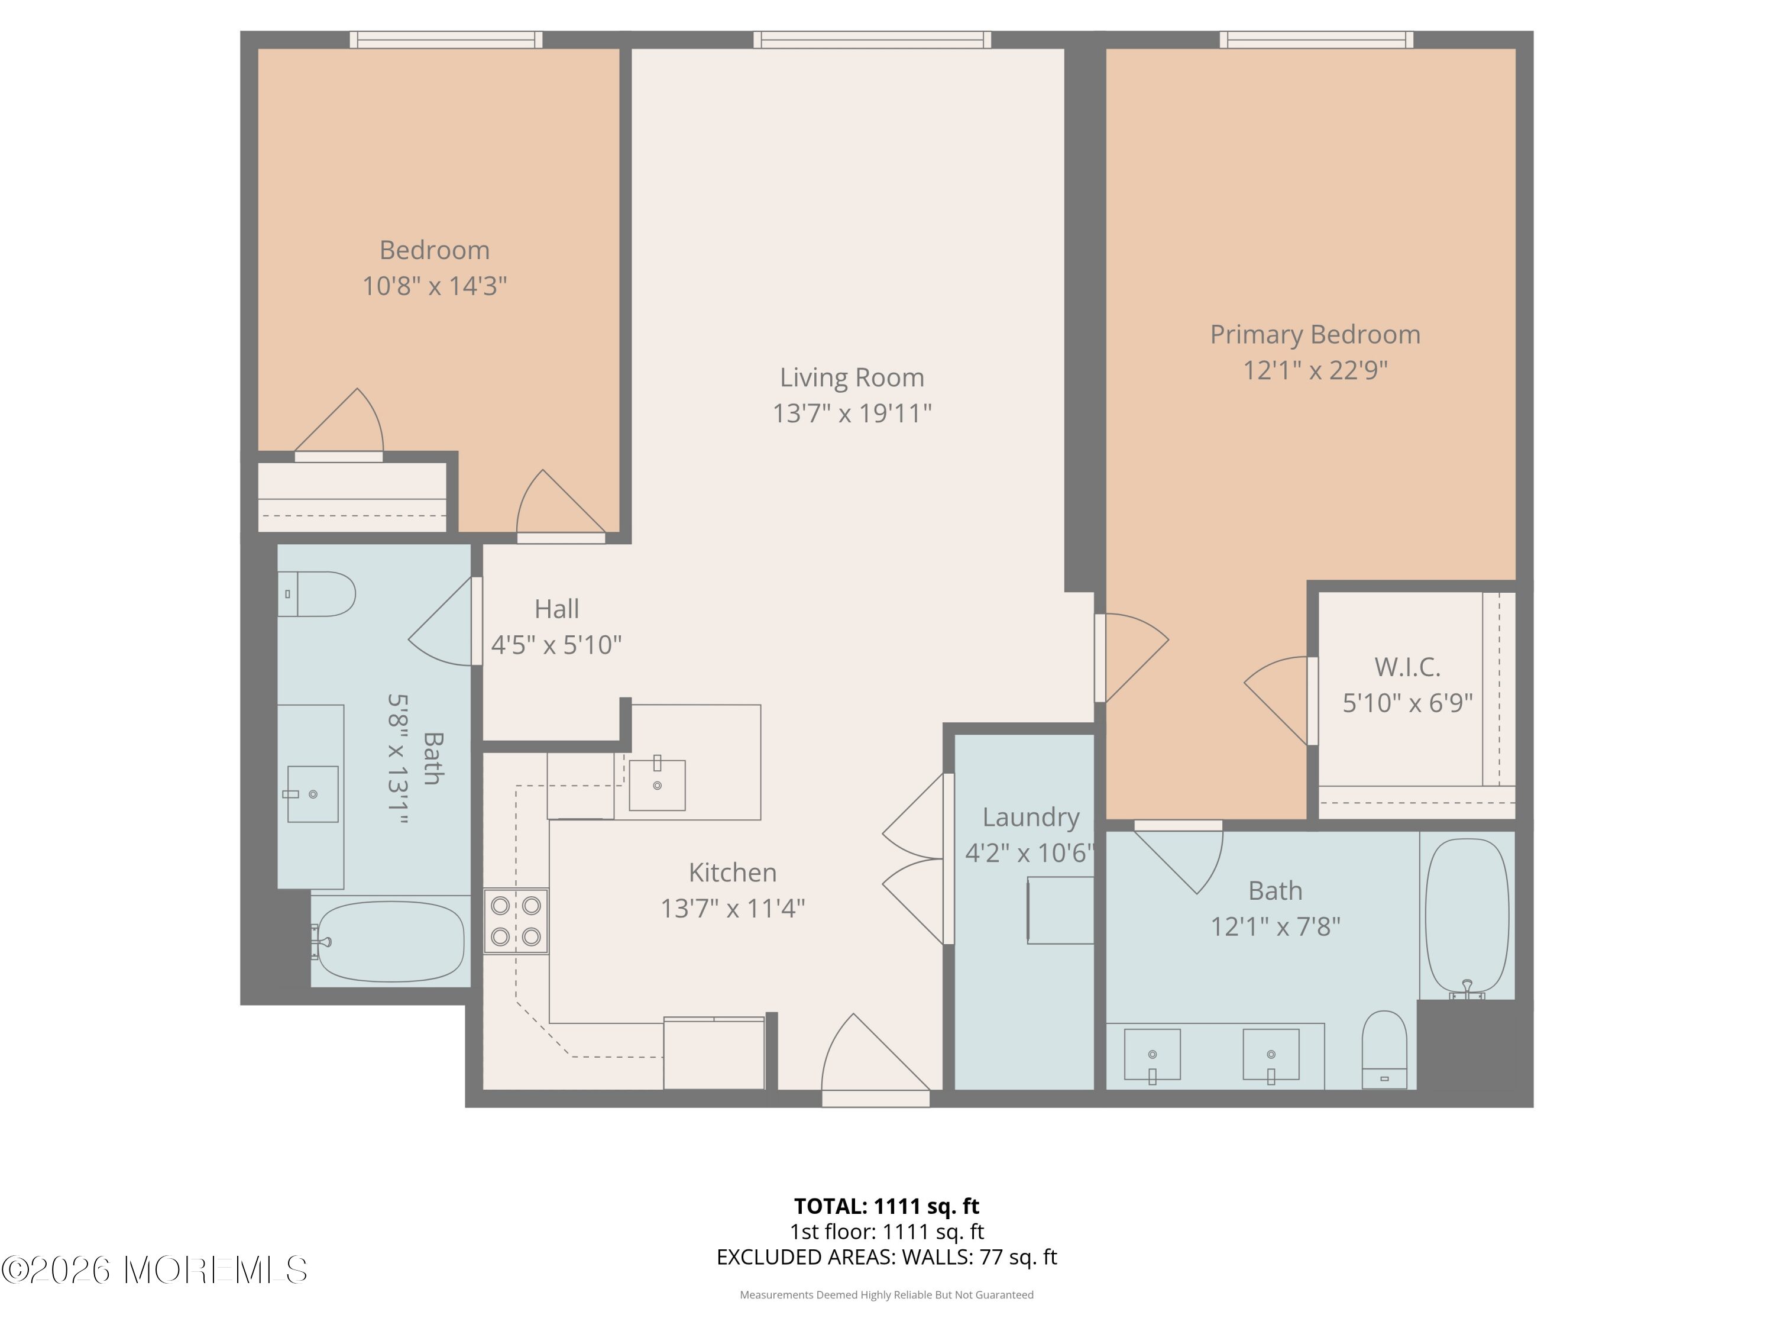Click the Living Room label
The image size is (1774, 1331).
(x=852, y=377)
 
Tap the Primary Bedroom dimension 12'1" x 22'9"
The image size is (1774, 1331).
(x=1315, y=370)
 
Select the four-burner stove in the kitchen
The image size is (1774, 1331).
(x=516, y=921)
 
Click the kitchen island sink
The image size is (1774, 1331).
(x=657, y=784)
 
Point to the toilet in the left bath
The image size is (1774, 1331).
(x=316, y=594)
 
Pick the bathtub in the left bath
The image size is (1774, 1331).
(x=390, y=941)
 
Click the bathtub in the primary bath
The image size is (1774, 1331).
(x=1467, y=917)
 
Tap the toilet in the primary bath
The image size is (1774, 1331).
(x=1384, y=1050)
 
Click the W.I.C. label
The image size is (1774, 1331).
(x=1407, y=667)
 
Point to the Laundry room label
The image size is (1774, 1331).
(x=1031, y=817)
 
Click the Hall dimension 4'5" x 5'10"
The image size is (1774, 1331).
(x=556, y=644)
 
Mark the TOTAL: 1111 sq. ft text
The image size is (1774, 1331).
(x=886, y=1206)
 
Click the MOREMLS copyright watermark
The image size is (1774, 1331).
(x=154, y=1270)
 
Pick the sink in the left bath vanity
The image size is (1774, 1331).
(x=313, y=793)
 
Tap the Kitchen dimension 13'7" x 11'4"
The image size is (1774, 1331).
(x=732, y=908)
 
